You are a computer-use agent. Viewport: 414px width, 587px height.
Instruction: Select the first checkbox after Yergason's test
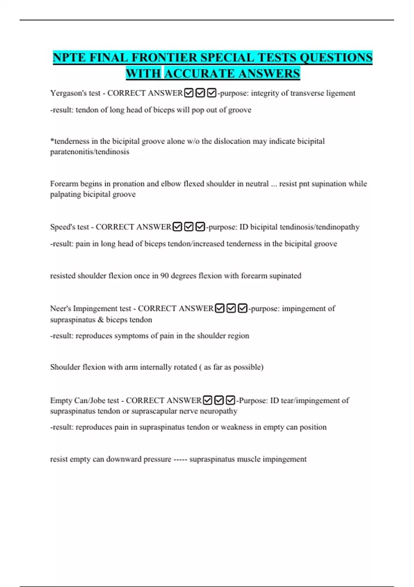pyautogui.click(x=189, y=93)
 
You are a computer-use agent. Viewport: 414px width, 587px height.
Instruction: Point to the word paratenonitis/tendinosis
pyautogui.click(x=90, y=152)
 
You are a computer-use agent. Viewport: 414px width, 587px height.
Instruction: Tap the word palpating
pyautogui.click(x=65, y=194)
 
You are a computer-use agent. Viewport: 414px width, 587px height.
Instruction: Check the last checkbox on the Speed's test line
pyautogui.click(x=200, y=227)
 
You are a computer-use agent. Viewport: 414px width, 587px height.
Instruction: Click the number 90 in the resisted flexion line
pyautogui.click(x=165, y=276)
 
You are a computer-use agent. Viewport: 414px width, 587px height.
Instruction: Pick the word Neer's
pyautogui.click(x=60, y=308)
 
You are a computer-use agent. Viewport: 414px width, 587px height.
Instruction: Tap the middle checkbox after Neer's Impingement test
pyautogui.click(x=231, y=308)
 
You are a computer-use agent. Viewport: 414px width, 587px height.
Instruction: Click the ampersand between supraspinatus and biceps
pyautogui.click(x=100, y=320)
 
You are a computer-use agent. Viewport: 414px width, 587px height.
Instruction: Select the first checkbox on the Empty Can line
pyautogui.click(x=207, y=401)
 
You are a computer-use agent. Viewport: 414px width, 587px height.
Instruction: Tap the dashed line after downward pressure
pyautogui.click(x=180, y=459)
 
